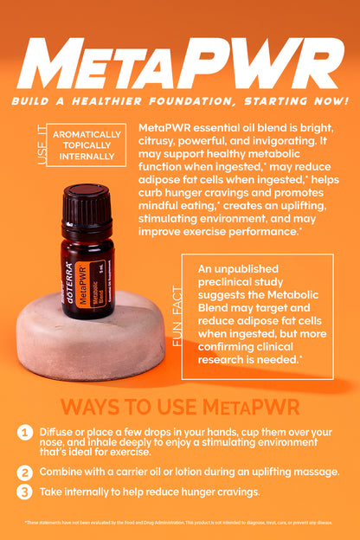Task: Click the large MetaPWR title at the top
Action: [x=180, y=65]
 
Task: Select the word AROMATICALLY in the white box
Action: [x=87, y=135]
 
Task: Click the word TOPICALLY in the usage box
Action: [x=87, y=145]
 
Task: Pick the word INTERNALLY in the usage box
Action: [x=87, y=157]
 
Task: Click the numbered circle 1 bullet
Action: [x=25, y=432]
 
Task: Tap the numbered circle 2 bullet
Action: [x=25, y=472]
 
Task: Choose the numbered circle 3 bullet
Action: [x=25, y=492]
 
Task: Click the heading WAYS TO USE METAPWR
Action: [x=180, y=406]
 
